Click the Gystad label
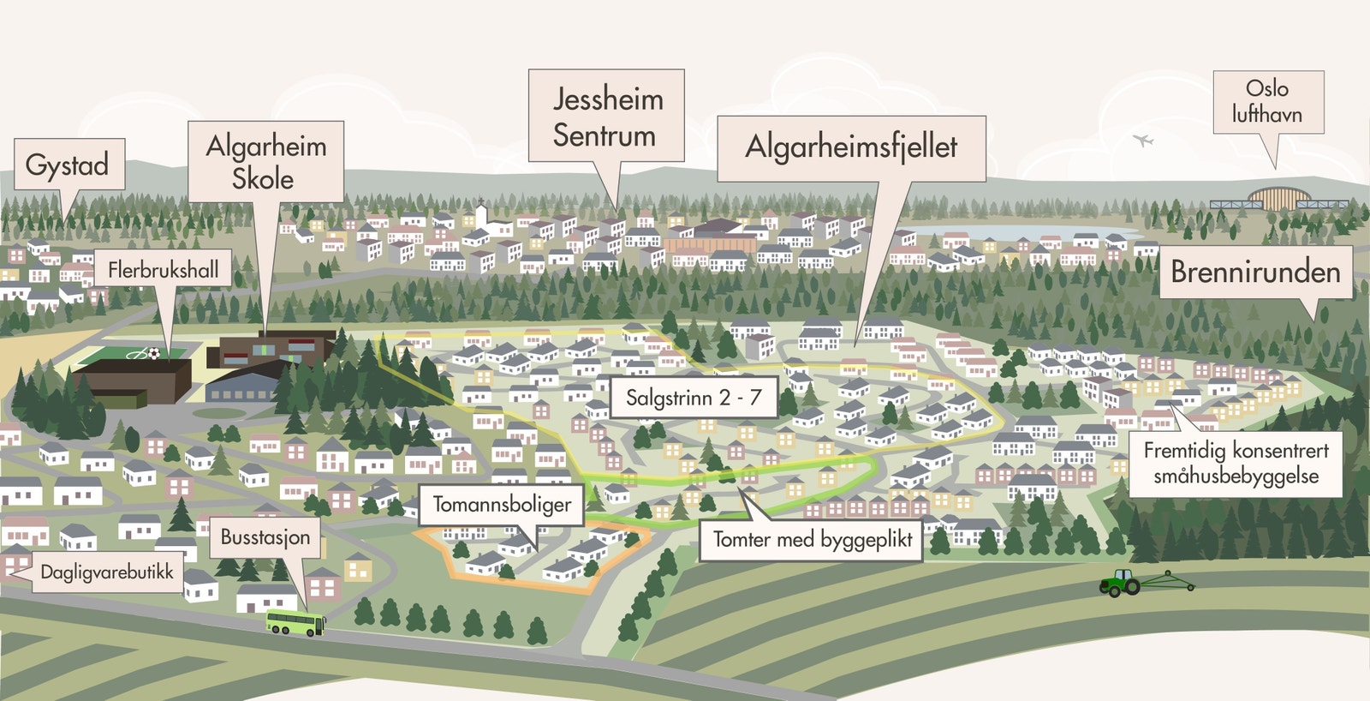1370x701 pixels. [68, 165]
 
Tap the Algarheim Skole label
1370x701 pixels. [265, 162]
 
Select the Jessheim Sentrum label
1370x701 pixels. [606, 117]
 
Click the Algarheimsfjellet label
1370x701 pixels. [851, 147]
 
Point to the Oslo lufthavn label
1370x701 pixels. [1267, 101]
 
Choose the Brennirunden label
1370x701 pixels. [1255, 273]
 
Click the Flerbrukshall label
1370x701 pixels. [163, 270]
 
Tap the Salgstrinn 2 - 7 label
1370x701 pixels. [694, 398]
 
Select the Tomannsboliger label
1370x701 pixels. [502, 505]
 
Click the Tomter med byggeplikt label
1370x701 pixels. [812, 540]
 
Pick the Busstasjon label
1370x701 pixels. [265, 537]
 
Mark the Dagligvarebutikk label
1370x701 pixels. [107, 572]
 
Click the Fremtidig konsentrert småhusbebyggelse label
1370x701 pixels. [1236, 464]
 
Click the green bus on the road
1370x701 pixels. [295, 624]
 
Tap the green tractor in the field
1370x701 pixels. [1121, 584]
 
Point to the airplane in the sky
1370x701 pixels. [1142, 140]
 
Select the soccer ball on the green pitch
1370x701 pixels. [152, 353]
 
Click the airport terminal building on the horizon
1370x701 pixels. [1279, 199]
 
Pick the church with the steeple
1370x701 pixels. [482, 214]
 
